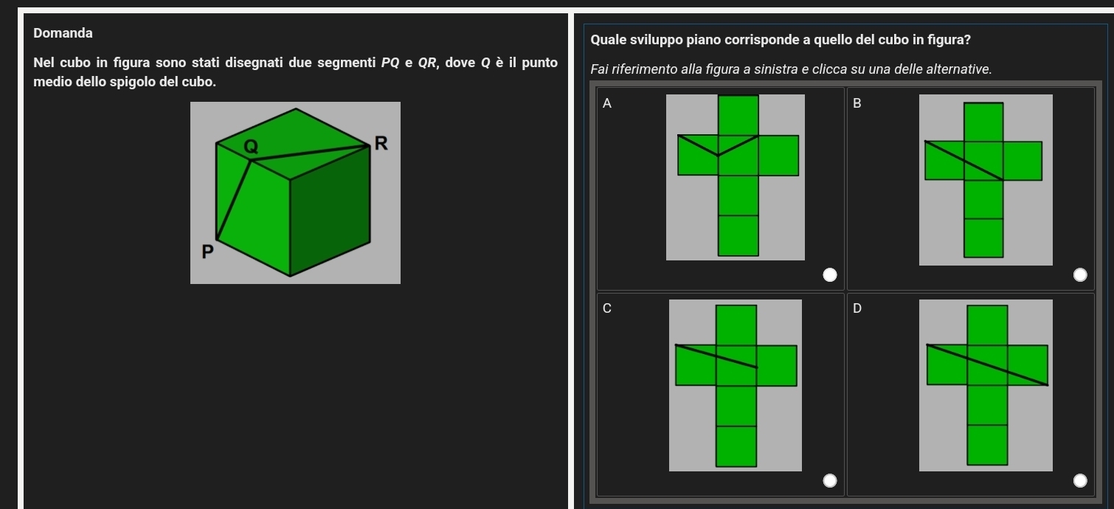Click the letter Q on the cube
pyautogui.click(x=251, y=147)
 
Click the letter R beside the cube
pyautogui.click(x=381, y=143)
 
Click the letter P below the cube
pyautogui.click(x=207, y=252)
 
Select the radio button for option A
pyautogui.click(x=829, y=275)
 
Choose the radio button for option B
pyautogui.click(x=1079, y=275)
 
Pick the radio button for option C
pyautogui.click(x=829, y=480)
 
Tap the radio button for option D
pyautogui.click(x=1079, y=480)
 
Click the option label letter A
pyautogui.click(x=606, y=103)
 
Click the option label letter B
pyautogui.click(x=857, y=103)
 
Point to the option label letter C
pyautogui.click(x=606, y=308)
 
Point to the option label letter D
pyautogui.click(x=857, y=308)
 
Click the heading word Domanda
pyautogui.click(x=63, y=33)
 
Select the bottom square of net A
pyautogui.click(x=738, y=235)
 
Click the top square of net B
pyautogui.click(x=983, y=122)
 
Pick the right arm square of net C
pyautogui.click(x=776, y=366)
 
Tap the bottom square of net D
pyautogui.click(x=987, y=445)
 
